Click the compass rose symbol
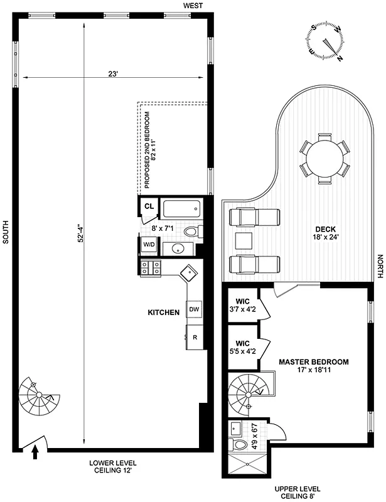tap(327, 41)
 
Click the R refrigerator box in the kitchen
tap(195, 337)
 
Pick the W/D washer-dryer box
tap(149, 244)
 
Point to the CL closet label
tap(149, 206)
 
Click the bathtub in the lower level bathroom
tap(181, 208)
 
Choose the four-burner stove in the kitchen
tap(151, 268)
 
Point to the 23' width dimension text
tap(112, 74)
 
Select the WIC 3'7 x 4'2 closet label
tap(242, 304)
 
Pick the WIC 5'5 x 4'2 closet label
tap(242, 347)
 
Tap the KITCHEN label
tap(164, 312)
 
